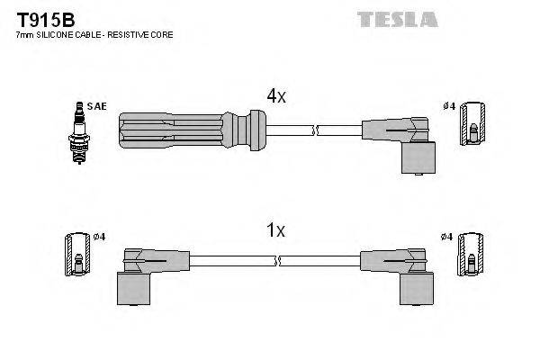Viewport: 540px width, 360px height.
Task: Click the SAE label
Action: [x=97, y=106]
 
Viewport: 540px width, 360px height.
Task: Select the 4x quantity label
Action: [x=275, y=95]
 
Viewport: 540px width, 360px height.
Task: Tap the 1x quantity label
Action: [x=275, y=230]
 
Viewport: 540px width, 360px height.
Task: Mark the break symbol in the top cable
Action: [x=314, y=131]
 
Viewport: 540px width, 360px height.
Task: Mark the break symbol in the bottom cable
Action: [x=280, y=261]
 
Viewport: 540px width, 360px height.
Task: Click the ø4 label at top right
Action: [x=450, y=106]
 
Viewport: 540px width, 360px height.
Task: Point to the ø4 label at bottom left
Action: [x=100, y=237]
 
